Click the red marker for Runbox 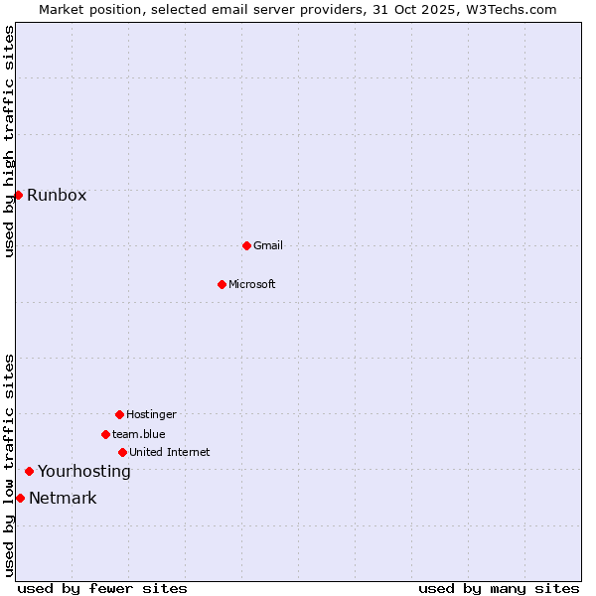(x=18, y=195)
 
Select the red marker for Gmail (x=246, y=245)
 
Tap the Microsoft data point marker (x=222, y=284)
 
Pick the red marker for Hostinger (x=119, y=414)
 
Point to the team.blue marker (x=105, y=434)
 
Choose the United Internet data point (x=122, y=452)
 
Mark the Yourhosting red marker (x=29, y=471)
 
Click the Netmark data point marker (x=20, y=498)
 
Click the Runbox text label (x=57, y=195)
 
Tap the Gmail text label (x=268, y=245)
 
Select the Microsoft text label (x=252, y=284)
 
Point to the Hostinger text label (x=151, y=414)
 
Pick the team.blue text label (x=139, y=434)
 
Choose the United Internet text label (x=170, y=452)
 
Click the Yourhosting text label (x=84, y=471)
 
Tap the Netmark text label (x=63, y=498)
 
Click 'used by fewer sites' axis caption (x=102, y=588)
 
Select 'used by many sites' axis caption (x=499, y=588)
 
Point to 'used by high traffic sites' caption (x=9, y=141)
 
